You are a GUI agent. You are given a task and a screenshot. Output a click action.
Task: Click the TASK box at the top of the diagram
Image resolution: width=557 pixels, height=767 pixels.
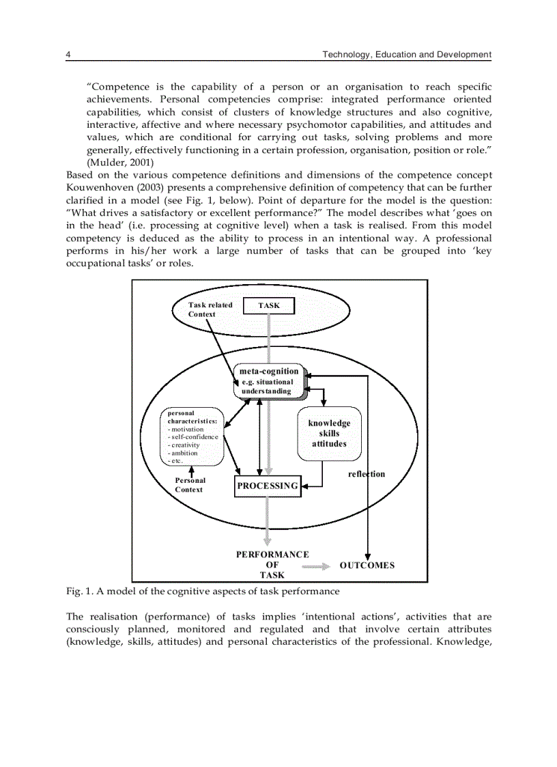coord(269,305)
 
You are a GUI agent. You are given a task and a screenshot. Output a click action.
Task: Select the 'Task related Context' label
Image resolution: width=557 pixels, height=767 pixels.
coord(210,309)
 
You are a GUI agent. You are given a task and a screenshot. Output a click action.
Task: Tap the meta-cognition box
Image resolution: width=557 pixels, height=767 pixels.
coord(269,381)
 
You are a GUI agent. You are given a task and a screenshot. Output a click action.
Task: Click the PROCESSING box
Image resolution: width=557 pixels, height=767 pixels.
coord(268,486)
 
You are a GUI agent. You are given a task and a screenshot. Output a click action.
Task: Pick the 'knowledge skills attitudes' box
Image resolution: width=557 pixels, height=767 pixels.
coord(329,434)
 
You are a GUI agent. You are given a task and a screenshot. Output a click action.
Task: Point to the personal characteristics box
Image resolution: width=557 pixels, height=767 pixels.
coord(192,436)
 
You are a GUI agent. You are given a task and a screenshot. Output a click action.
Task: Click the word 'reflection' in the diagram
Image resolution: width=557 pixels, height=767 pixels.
coord(366,474)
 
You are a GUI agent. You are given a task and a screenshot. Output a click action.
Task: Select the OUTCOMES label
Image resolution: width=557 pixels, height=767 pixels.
coord(367,565)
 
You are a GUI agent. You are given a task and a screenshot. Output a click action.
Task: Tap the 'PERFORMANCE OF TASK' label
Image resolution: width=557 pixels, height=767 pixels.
coord(272,565)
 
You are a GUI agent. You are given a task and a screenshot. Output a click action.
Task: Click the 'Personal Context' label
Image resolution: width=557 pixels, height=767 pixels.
coord(190,485)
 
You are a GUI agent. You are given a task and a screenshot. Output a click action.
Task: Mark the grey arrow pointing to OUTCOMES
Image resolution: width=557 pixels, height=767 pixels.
coord(315,566)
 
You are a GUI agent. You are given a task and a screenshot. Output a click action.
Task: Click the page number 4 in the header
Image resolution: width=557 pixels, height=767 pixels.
coord(68,54)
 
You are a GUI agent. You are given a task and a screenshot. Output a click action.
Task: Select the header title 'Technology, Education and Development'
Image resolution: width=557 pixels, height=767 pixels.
coord(407,54)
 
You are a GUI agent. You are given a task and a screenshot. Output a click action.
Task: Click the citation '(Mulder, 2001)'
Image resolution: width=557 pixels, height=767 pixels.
coord(120,163)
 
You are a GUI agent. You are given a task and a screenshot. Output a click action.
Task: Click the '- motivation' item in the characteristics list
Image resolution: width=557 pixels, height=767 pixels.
coord(186,429)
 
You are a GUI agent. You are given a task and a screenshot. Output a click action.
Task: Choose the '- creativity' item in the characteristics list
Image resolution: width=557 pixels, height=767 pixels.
coord(184,445)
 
